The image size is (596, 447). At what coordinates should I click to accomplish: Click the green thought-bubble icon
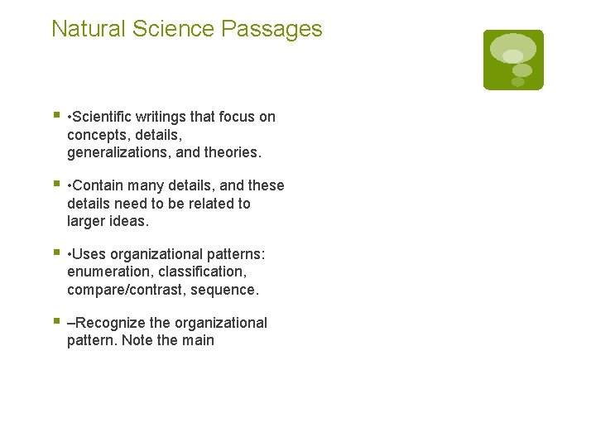pyautogui.click(x=513, y=60)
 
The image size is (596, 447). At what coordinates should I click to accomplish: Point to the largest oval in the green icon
pyautogui.click(x=513, y=48)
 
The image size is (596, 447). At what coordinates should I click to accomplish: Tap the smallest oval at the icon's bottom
pyautogui.click(x=518, y=81)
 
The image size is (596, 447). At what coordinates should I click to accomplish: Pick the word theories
pyautogui.click(x=233, y=153)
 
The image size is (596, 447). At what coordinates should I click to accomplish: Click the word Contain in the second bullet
pyautogui.click(x=101, y=185)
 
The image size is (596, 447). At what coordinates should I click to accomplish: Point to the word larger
pyautogui.click(x=89, y=222)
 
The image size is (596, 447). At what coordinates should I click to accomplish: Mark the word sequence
pyautogui.click(x=224, y=290)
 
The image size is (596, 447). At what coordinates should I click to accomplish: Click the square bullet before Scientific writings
pyautogui.click(x=55, y=116)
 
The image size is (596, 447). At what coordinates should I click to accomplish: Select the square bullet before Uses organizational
pyautogui.click(x=55, y=252)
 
